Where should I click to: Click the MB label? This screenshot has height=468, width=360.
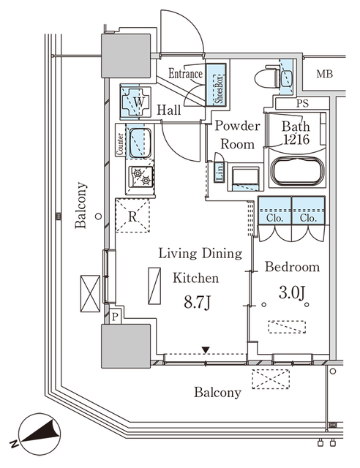point(324,74)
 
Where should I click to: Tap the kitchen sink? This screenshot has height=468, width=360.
point(139,141)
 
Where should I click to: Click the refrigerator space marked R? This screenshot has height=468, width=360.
point(132,216)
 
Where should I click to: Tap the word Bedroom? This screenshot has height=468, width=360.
point(291,267)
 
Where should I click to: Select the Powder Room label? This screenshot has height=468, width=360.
point(234,135)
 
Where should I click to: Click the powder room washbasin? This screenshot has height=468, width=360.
point(244,178)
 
